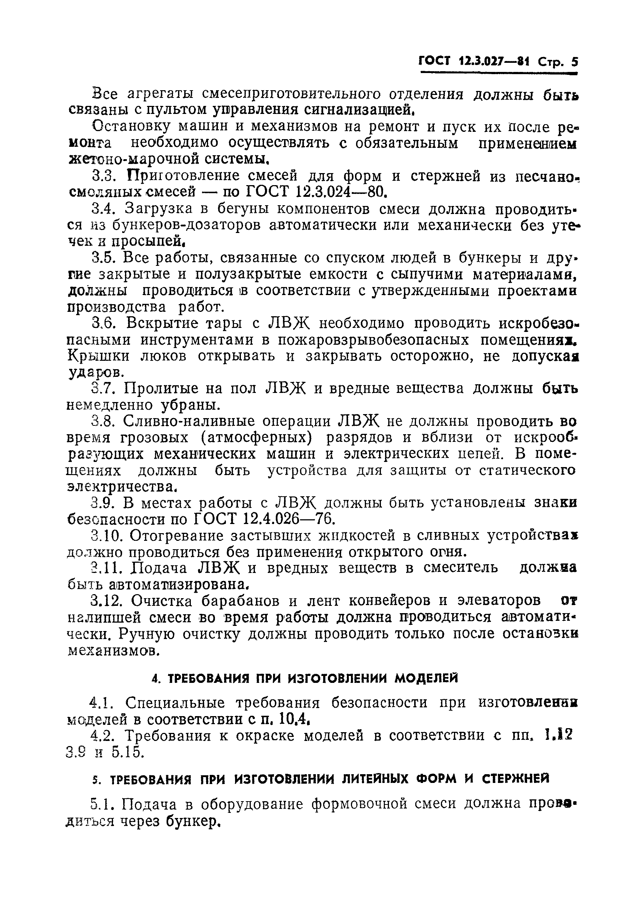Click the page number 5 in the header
[x=574, y=62]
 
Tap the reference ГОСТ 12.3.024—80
[x=315, y=192]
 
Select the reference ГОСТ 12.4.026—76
[x=264, y=519]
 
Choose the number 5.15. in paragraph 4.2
[x=128, y=752]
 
